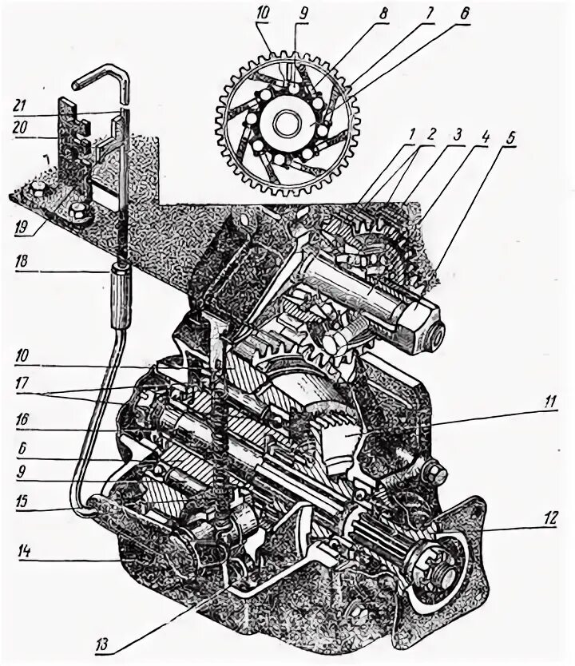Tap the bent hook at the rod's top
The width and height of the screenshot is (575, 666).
pos(97,76)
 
